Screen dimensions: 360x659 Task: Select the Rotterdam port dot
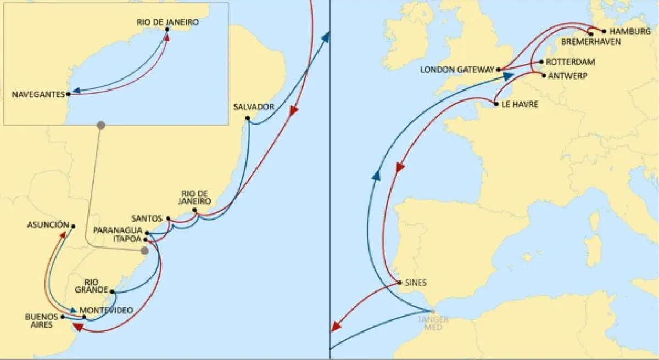[541, 62]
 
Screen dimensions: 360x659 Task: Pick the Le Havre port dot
[495, 104]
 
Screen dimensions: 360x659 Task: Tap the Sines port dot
[400, 283]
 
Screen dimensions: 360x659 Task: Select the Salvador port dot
[248, 118]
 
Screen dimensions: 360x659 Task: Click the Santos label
[147, 218]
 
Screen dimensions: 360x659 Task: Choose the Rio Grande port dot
[112, 291]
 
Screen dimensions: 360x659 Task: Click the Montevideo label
[110, 310]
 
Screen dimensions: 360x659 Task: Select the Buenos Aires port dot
[63, 317]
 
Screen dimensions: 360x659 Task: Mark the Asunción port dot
[73, 226]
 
